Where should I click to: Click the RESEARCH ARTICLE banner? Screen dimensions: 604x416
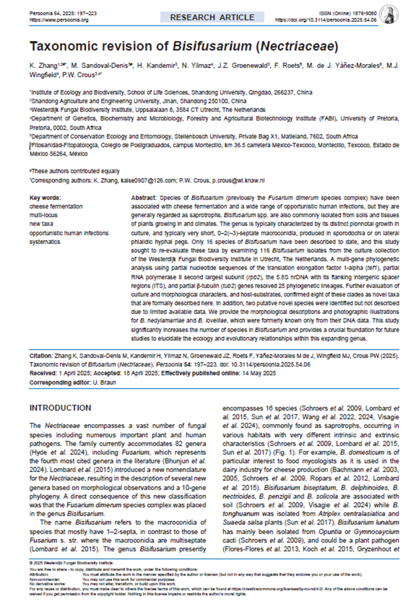[x=212, y=18]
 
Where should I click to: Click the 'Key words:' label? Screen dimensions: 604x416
[x=45, y=197]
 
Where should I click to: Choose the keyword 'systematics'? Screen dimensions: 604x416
[x=45, y=242]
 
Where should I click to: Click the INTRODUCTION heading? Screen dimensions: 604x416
[x=60, y=408]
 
